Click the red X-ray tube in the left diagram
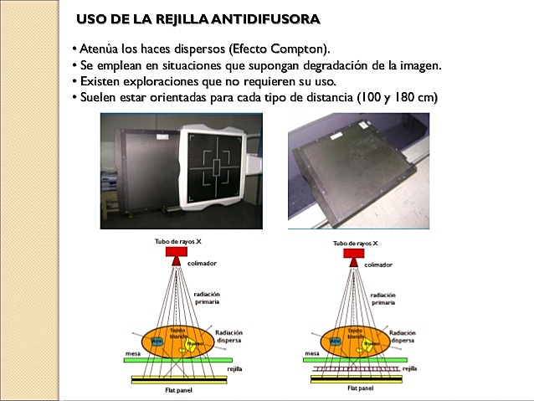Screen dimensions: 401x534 [x=177, y=252]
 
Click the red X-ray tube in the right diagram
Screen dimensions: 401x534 [x=355, y=252]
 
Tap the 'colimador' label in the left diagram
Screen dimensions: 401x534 [x=202, y=264]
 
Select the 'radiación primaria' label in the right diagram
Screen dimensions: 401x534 [x=382, y=299]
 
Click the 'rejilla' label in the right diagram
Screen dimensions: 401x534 [x=409, y=368]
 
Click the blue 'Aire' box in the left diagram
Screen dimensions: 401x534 [x=156, y=341]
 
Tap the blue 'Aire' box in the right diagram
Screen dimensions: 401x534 [x=334, y=342]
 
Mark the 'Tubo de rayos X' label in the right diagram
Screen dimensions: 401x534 [x=355, y=243]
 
